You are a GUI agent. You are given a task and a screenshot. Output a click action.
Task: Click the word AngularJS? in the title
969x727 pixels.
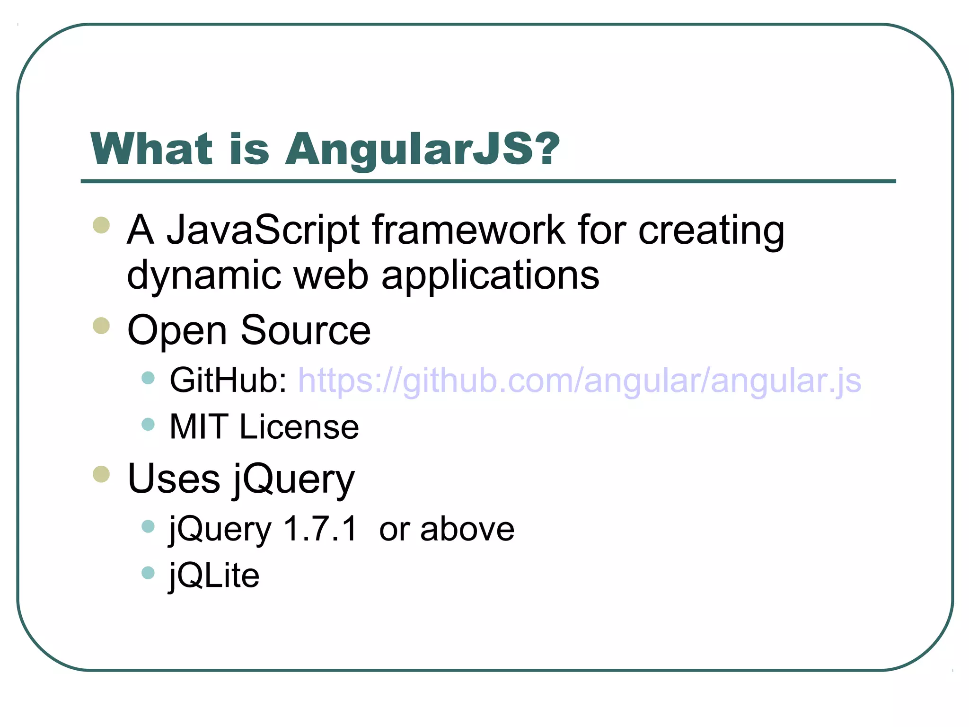point(423,149)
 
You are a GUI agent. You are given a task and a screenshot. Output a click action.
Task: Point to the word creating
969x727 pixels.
point(711,232)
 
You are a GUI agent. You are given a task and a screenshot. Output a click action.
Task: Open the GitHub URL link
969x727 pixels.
point(580,381)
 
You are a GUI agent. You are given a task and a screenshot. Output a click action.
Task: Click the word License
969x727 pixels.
point(299,427)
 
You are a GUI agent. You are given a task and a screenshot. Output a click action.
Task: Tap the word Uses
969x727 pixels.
point(174,479)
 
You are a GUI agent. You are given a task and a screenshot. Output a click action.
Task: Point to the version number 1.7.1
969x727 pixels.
point(320,529)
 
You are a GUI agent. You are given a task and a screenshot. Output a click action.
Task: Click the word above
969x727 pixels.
point(467,529)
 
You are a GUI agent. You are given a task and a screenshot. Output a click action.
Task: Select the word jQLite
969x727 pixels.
point(214,576)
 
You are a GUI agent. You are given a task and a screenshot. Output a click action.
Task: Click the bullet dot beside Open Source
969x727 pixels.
point(101,326)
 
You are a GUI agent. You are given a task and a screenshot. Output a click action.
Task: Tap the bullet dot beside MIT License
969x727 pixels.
point(148,424)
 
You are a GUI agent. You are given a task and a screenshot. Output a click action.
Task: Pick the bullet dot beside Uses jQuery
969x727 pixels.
point(101,474)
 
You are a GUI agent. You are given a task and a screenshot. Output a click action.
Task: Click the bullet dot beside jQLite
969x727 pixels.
point(148,573)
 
